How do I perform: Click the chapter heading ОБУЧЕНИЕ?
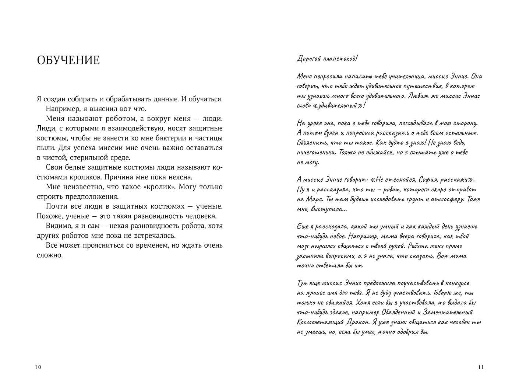tap(68, 60)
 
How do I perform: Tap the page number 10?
tap(38, 367)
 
